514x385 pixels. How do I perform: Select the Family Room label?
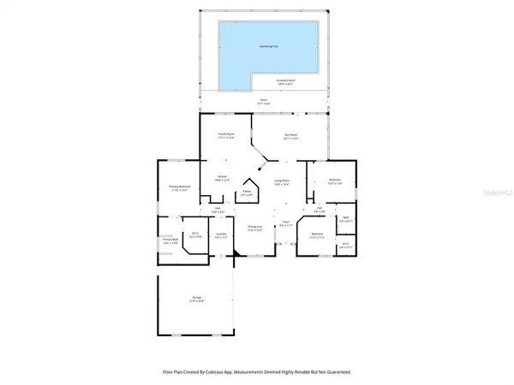pos(226,135)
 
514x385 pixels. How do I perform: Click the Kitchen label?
pos(221,178)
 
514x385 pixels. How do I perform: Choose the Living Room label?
pos(281,181)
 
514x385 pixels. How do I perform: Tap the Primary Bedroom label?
pos(178,188)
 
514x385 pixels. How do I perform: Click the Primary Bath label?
pos(170,240)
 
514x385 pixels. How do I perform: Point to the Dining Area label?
pos(254,227)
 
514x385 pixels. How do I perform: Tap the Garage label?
pos(196,298)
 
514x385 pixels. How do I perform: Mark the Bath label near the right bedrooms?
pos(345,218)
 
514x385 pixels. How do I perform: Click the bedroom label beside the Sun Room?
pos(335,180)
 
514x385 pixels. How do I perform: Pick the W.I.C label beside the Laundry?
pos(195,234)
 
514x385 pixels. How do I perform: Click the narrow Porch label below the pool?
pos(264,101)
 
